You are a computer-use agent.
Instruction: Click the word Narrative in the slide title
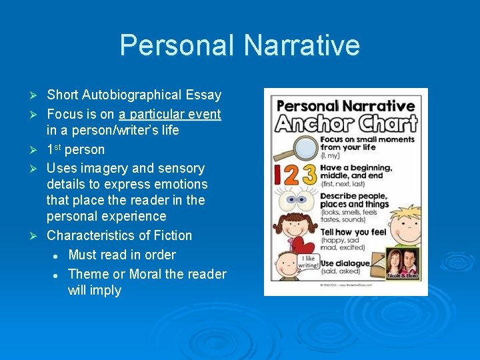pos(301,45)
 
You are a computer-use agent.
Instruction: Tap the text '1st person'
pos(75,149)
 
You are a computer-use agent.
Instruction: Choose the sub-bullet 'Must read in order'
pos(122,255)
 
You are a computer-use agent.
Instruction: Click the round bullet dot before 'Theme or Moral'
pos(58,275)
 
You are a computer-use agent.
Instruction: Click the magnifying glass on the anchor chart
pos(289,147)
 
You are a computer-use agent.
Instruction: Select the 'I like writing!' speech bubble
pos(308,261)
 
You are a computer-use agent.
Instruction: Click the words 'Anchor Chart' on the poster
pos(347,123)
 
